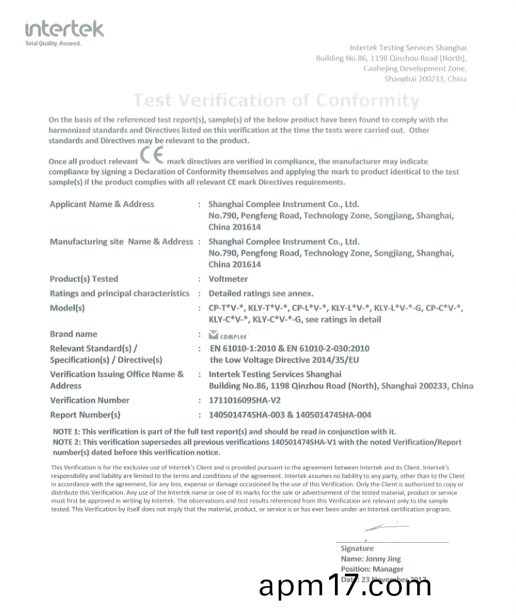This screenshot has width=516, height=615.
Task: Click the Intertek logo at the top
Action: [x=64, y=30]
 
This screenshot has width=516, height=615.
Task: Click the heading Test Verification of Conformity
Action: [x=276, y=101]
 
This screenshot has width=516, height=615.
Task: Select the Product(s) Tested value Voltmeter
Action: [x=228, y=279]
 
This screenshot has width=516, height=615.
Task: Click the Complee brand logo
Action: [x=224, y=334]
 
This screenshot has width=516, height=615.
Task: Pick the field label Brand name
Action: [x=73, y=334]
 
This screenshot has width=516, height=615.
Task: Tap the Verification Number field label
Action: [x=90, y=401]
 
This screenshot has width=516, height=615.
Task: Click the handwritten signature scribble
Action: [x=383, y=526]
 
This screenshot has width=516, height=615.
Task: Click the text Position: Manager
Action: [x=372, y=569]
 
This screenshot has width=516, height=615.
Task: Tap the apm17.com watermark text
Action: [x=346, y=585]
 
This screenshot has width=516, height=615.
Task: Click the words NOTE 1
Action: [x=66, y=431]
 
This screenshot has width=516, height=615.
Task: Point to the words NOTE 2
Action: [x=66, y=443]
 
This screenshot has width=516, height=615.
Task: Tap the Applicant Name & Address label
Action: [x=102, y=205]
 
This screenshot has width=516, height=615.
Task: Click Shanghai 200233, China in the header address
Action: [x=426, y=79]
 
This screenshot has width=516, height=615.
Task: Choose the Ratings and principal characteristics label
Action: [x=119, y=294]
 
